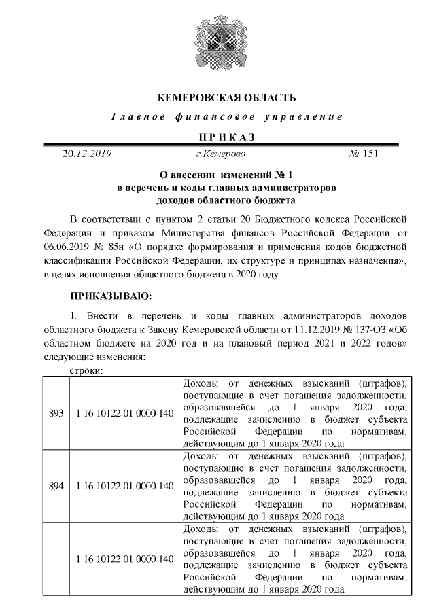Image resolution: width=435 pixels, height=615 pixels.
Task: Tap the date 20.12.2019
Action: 87,154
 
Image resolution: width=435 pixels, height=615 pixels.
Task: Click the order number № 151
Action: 362,154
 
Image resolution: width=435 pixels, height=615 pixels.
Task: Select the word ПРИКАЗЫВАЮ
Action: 112,296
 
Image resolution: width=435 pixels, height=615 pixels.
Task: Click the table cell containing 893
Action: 57,413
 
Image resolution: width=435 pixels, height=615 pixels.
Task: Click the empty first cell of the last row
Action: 57,558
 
